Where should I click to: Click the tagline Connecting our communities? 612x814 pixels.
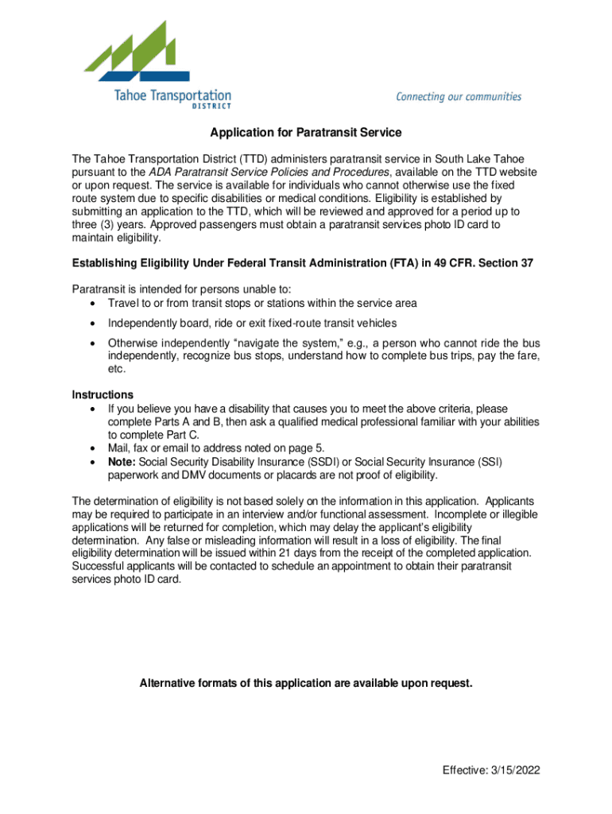pos(459,97)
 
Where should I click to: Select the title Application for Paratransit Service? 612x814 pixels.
pos(306,132)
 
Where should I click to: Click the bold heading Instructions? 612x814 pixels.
pos(103,395)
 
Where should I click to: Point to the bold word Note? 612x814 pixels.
pos(124,462)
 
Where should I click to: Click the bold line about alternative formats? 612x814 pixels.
pos(306,683)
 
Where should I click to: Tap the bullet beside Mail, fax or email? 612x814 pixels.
pos(95,448)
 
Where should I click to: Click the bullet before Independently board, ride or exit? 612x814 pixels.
pos(95,323)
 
